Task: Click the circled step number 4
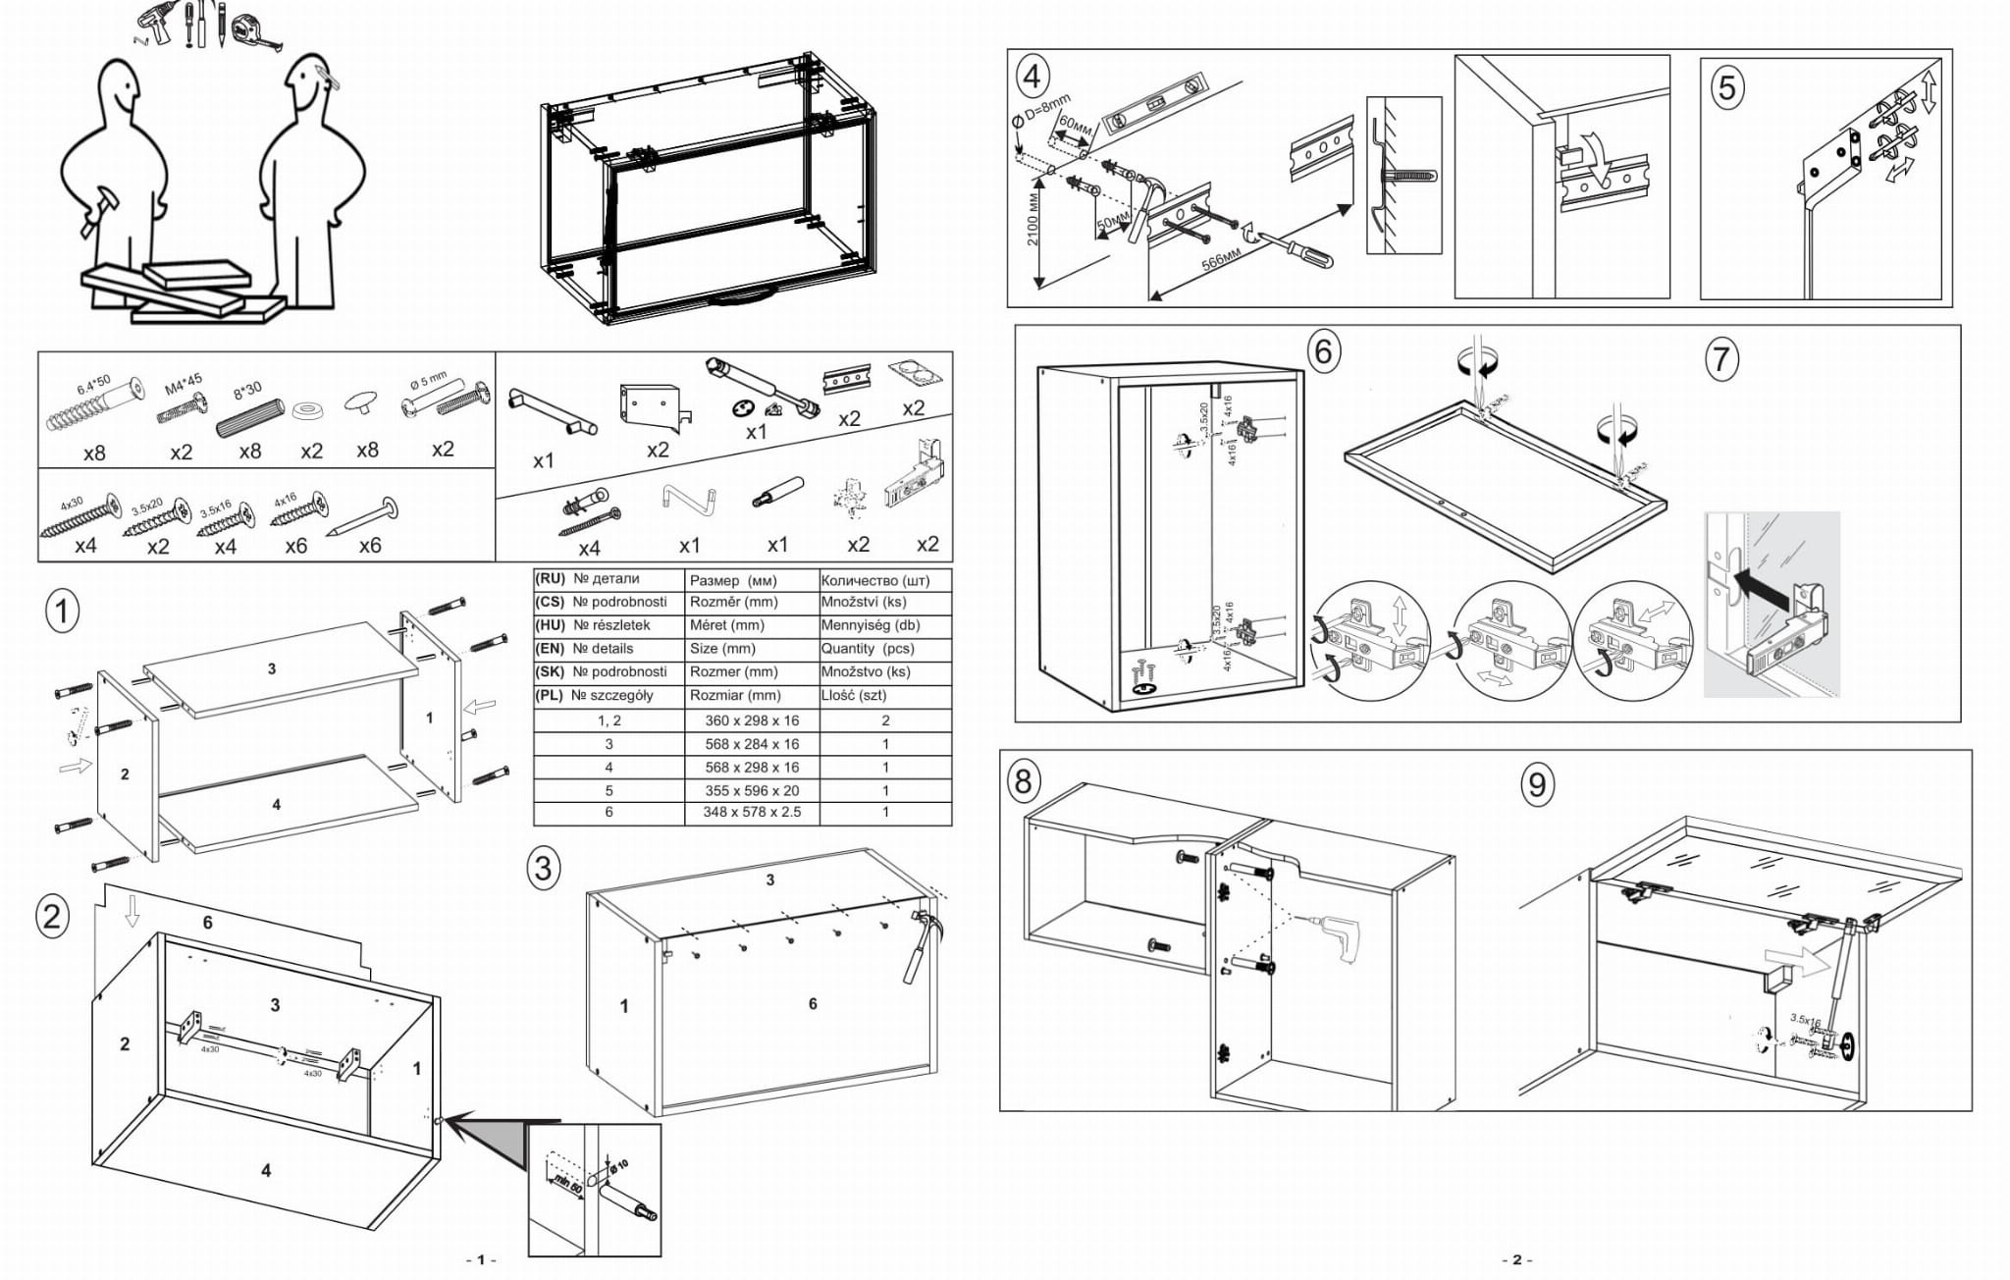[1032, 77]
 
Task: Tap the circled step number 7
[1720, 359]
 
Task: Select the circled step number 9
[1537, 784]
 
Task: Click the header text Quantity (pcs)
[868, 649]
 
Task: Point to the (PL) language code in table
[550, 695]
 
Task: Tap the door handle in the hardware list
[552, 411]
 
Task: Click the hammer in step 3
[922, 943]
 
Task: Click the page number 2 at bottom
[1516, 1259]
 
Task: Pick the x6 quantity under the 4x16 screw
[295, 546]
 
